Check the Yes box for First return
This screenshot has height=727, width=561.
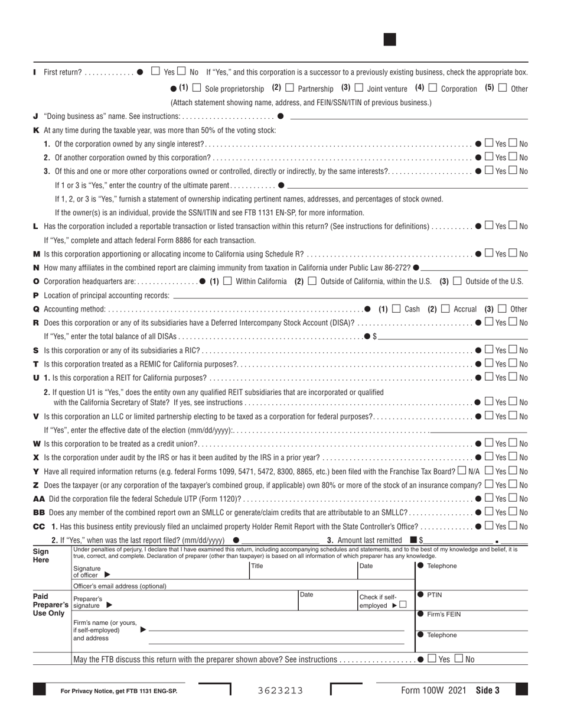pos(155,72)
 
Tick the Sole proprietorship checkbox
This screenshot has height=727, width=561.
pos(197,88)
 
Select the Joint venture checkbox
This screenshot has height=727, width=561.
pos(358,88)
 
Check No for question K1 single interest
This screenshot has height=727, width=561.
pos(513,143)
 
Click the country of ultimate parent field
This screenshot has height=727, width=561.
pos(407,185)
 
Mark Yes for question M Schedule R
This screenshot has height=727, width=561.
pos(488,254)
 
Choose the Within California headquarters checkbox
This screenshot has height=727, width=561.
pos(227,281)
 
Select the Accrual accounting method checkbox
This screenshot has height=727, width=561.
pos(445,309)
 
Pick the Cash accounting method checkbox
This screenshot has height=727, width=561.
pos(396,309)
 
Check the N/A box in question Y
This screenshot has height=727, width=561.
pos(461,470)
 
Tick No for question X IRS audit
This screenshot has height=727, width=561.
pos(513,457)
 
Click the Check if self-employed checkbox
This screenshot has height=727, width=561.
pos(403,605)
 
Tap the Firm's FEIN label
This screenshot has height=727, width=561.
pos(443,614)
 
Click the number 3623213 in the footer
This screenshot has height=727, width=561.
pos(280,690)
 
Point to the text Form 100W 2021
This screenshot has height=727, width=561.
pos(433,690)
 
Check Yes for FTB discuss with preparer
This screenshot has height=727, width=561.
pos(432,658)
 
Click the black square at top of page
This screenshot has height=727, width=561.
pos(390,40)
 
